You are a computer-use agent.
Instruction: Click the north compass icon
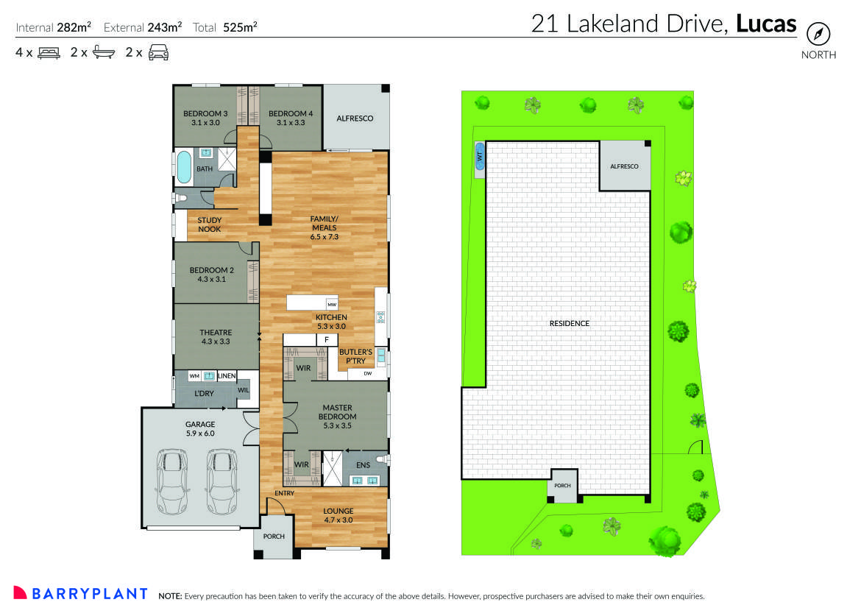(x=818, y=34)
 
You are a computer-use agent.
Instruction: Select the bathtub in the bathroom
(x=184, y=168)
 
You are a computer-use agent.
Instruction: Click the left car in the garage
(x=174, y=483)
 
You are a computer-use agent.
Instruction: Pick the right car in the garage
(x=222, y=483)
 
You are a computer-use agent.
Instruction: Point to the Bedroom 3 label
(x=205, y=118)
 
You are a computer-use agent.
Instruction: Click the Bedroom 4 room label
(x=291, y=118)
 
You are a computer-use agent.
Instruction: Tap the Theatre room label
(x=216, y=337)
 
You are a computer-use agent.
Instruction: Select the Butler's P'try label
(x=355, y=357)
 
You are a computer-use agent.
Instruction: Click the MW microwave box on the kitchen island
(x=332, y=304)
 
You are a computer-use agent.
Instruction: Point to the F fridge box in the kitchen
(x=325, y=339)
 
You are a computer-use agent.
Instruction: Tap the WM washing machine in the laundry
(x=194, y=376)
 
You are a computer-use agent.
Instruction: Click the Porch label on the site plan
(x=563, y=486)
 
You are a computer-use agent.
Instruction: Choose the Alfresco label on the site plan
(x=624, y=166)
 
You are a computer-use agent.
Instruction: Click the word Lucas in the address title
(x=766, y=24)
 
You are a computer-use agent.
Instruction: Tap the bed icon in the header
(x=49, y=52)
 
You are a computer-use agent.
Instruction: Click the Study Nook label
(x=209, y=224)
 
